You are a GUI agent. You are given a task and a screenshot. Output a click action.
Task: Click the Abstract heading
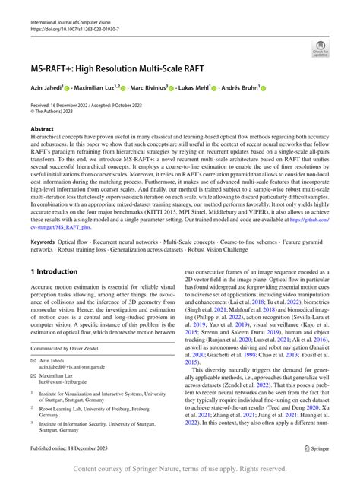click(x=43, y=130)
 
